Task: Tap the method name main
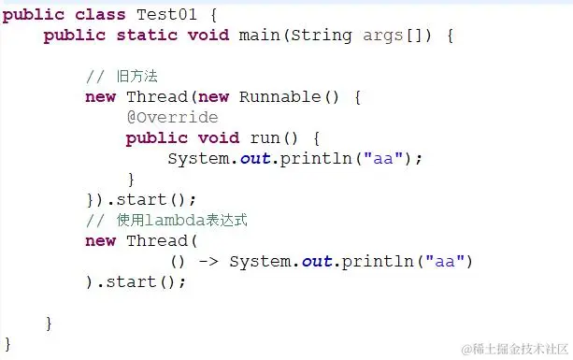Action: [x=259, y=35]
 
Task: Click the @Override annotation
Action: [x=172, y=117]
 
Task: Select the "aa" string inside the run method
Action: [x=382, y=158]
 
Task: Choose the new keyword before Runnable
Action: [x=212, y=96]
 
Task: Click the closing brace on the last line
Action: [x=8, y=343]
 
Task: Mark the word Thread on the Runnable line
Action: [x=156, y=96]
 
